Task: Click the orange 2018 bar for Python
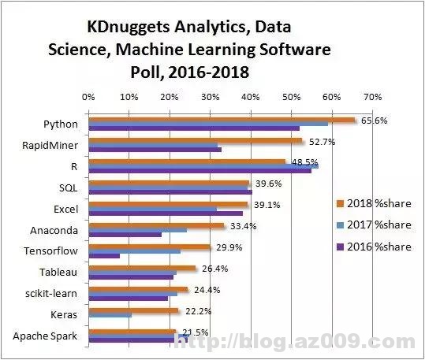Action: click(221, 120)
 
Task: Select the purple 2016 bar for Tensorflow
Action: click(104, 256)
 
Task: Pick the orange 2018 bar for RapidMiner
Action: click(195, 141)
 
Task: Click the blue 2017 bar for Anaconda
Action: click(137, 230)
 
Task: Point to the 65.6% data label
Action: click(374, 121)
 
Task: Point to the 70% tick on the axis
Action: click(371, 97)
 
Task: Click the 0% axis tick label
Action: click(88, 97)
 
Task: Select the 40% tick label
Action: click(250, 97)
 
